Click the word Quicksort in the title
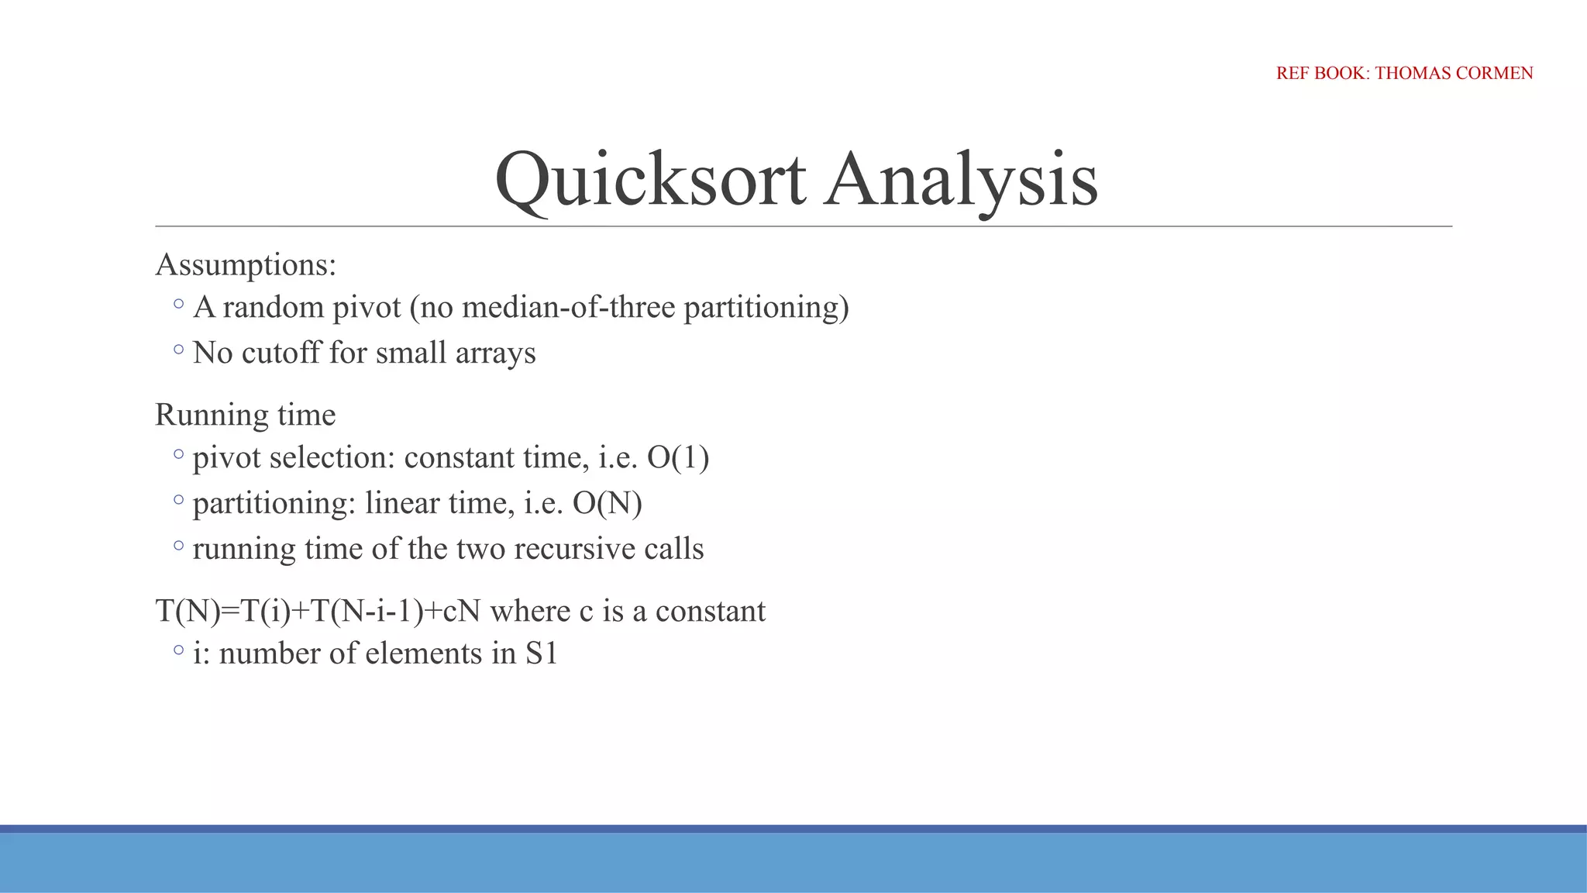(651, 180)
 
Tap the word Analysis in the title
(960, 180)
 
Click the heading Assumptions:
(246, 265)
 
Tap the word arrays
(495, 353)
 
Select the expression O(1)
(678, 457)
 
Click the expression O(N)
(608, 503)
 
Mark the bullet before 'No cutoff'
(179, 350)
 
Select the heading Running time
(245, 415)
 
